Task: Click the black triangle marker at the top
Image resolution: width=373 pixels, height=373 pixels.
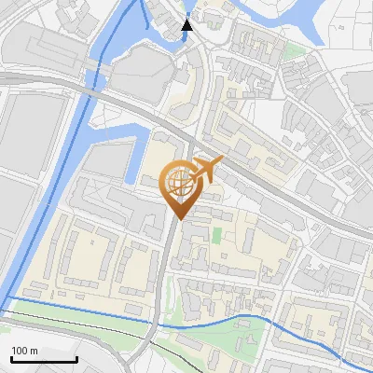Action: click(x=187, y=24)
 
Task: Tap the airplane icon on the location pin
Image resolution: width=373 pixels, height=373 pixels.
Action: click(x=206, y=170)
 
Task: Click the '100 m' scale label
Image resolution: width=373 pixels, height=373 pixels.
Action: click(x=24, y=351)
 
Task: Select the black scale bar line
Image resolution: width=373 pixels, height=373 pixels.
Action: click(x=43, y=360)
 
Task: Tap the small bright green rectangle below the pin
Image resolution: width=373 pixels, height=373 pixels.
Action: click(x=218, y=234)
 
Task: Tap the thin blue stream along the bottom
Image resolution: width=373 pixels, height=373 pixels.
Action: click(x=233, y=320)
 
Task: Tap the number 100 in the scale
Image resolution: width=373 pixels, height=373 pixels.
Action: click(x=20, y=351)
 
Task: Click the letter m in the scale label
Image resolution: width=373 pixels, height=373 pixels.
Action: click(x=34, y=351)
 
